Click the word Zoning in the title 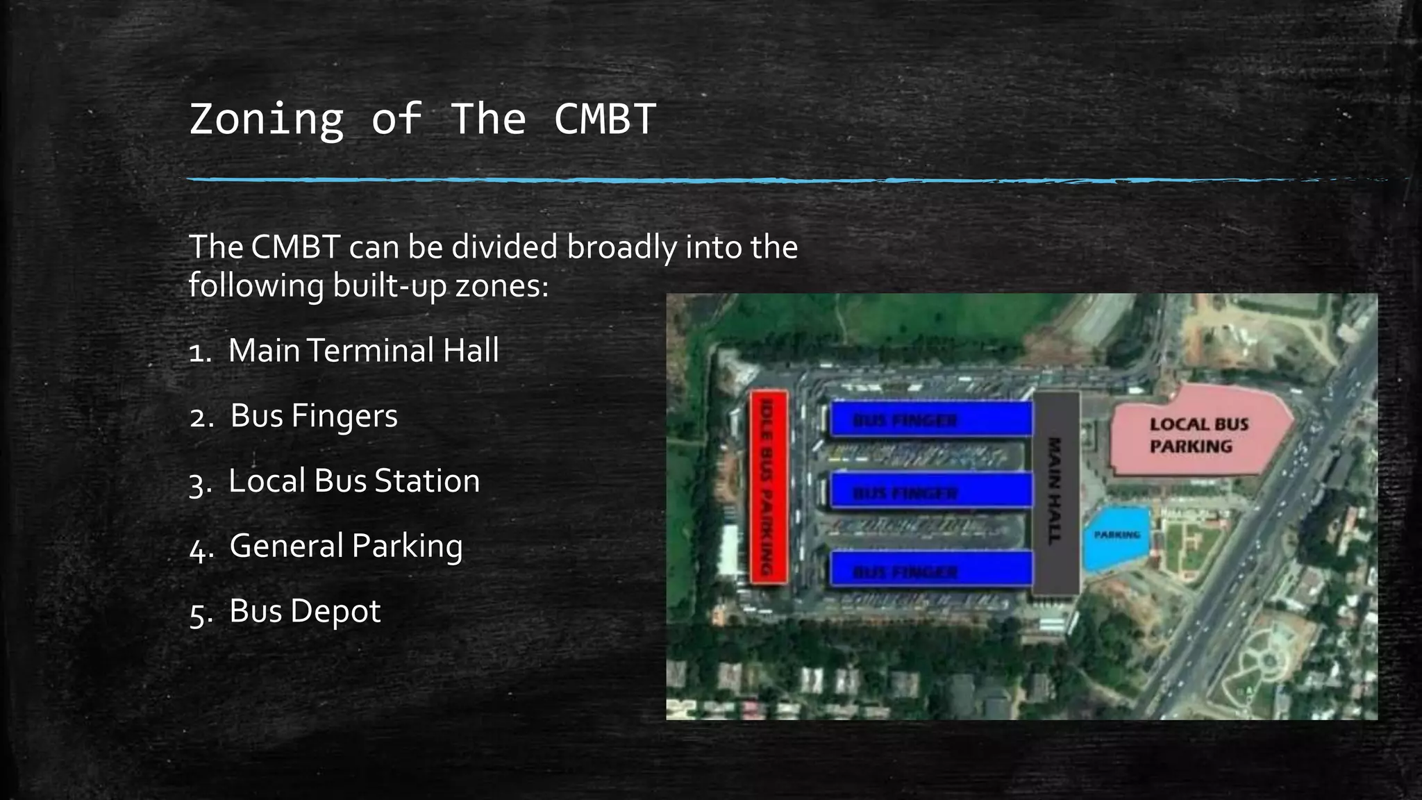pyautogui.click(x=267, y=119)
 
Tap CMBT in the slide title pyautogui.click(x=604, y=119)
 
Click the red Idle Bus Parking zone pyautogui.click(x=768, y=487)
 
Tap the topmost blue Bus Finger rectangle pyautogui.click(x=930, y=419)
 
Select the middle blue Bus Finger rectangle pyautogui.click(x=930, y=492)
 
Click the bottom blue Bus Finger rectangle pyautogui.click(x=930, y=569)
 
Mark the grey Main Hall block pyautogui.click(x=1055, y=492)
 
